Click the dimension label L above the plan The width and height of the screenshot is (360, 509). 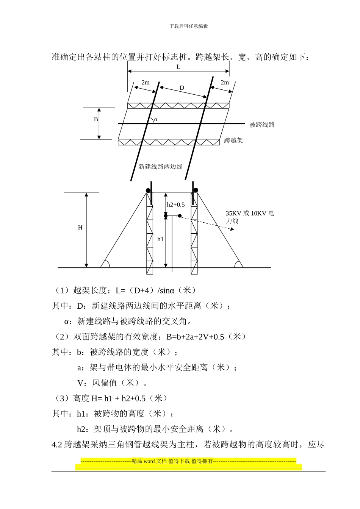pos(178,67)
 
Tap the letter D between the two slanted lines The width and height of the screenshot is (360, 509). pos(182,88)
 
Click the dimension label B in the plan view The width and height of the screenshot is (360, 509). pos(96,119)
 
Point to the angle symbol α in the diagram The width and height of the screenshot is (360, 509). pos(155,119)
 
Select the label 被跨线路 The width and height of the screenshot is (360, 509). pos(262,125)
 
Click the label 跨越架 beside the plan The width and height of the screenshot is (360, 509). pos(233,141)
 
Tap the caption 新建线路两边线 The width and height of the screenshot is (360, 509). pos(160,167)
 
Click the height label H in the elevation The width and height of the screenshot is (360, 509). pos(80,228)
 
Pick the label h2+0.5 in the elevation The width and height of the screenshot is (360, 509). pos(176,205)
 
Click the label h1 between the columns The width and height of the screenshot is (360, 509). pos(160,239)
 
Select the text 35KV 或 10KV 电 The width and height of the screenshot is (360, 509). pos(250,214)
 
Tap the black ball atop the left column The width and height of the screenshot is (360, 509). pos(148,190)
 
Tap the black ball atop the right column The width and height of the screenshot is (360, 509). pos(196,190)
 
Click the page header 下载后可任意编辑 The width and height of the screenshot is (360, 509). pos(189,26)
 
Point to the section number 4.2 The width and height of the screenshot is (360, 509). pos(56,445)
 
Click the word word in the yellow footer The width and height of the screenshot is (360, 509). pos(149,461)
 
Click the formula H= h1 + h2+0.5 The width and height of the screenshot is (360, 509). pos(118,398)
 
